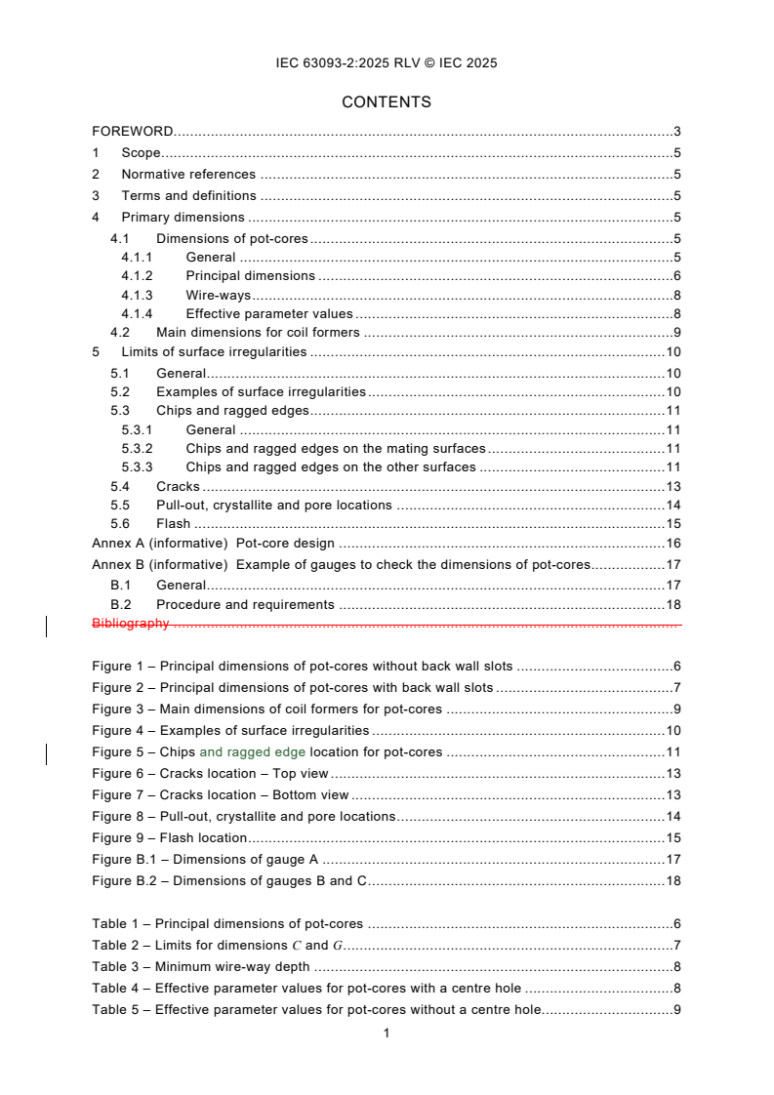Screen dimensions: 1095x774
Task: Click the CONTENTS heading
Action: pyautogui.click(x=387, y=102)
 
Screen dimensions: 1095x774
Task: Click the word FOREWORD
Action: pyautogui.click(x=133, y=131)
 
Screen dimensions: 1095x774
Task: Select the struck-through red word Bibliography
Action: pyautogui.click(x=131, y=624)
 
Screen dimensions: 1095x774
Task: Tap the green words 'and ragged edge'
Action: pyautogui.click(x=252, y=752)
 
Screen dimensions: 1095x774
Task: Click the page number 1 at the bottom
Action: pyautogui.click(x=387, y=1034)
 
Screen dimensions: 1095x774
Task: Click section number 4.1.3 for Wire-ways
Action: pyautogui.click(x=138, y=296)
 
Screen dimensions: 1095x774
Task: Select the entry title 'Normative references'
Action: pyautogui.click(x=188, y=175)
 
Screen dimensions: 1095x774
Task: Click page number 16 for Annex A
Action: pyautogui.click(x=672, y=544)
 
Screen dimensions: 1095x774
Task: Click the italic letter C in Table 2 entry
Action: pyautogui.click(x=296, y=946)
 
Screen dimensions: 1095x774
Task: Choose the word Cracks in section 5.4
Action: pyautogui.click(x=178, y=487)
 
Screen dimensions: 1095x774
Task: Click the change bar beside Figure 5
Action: pyautogui.click(x=48, y=752)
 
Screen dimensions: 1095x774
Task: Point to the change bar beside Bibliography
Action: pyautogui.click(x=48, y=625)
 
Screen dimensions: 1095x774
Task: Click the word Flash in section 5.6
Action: pyautogui.click(x=175, y=524)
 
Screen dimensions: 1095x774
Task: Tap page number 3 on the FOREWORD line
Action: pyautogui.click(x=676, y=131)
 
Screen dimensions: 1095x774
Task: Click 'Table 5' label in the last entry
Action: pyautogui.click(x=116, y=1010)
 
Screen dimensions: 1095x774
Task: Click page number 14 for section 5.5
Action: pyautogui.click(x=672, y=506)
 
